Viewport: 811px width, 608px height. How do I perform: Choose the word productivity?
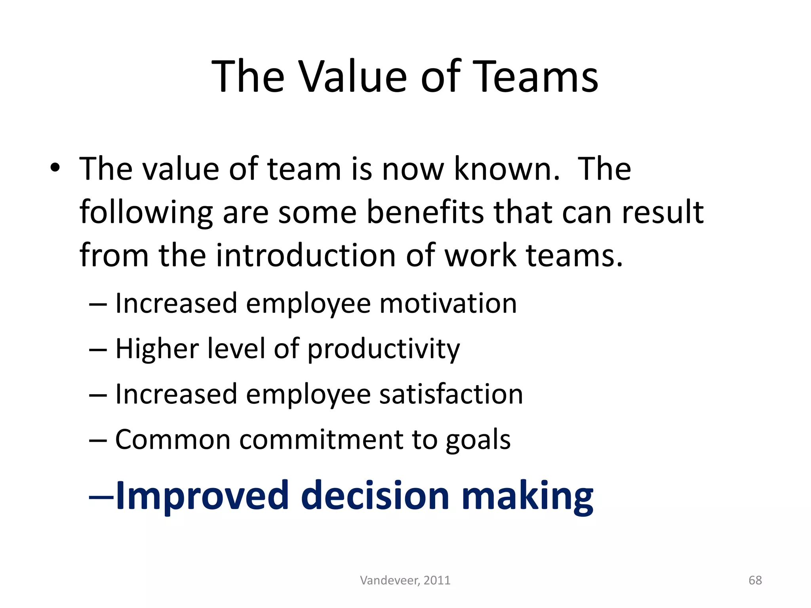tap(384, 350)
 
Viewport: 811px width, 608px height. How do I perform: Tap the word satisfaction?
tap(451, 394)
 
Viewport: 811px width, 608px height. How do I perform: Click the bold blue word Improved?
tap(202, 496)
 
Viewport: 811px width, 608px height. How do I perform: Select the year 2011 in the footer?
tap(437, 580)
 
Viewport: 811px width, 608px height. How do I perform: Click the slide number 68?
tap(755, 580)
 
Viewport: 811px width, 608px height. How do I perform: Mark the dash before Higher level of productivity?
tap(98, 350)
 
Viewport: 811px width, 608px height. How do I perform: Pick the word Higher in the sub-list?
tap(157, 350)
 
